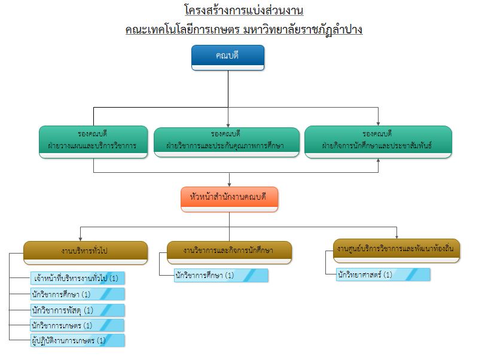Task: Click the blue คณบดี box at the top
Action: coord(228,57)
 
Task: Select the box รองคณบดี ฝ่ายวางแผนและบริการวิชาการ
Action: coord(93,141)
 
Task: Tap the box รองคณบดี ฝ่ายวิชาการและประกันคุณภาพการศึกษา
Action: coord(227,141)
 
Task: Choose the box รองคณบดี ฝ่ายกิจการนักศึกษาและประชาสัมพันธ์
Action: coord(377,141)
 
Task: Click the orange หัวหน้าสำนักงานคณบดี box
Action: coord(229,199)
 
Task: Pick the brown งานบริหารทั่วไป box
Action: coord(85,252)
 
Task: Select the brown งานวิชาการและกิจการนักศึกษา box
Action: coord(229,252)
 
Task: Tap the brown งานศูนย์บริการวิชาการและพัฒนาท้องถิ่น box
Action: coord(396,249)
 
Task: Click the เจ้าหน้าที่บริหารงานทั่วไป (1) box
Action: coord(77,278)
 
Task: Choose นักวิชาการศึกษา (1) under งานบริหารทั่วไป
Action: coord(77,294)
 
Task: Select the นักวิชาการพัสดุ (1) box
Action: coord(77,310)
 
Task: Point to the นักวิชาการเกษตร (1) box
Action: coord(77,325)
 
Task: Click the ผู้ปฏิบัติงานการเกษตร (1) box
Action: coord(77,341)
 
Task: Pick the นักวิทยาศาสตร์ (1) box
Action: coord(383,275)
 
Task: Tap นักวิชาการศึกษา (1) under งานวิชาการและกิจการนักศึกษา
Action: coord(221,276)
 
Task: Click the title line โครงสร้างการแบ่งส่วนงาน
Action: coord(243,10)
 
